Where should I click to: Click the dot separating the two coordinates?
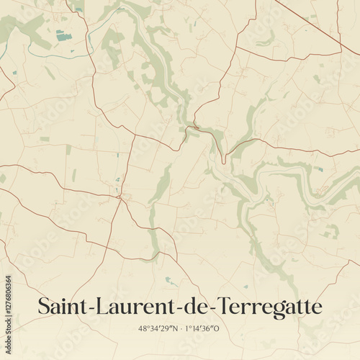180,328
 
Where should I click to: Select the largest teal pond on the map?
64,35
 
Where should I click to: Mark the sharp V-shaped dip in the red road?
224,161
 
